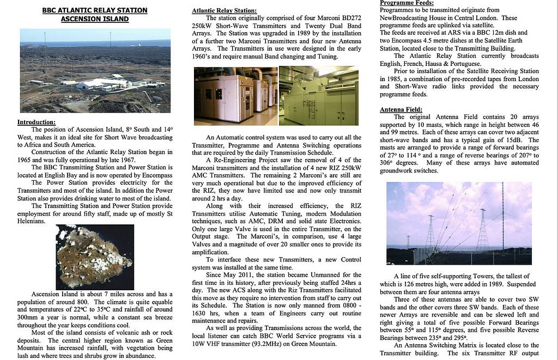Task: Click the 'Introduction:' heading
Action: [37, 123]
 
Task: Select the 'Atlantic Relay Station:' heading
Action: [225, 11]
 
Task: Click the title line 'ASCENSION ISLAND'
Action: [95, 19]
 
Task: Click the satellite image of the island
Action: [94, 257]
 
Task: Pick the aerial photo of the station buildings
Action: [95, 71]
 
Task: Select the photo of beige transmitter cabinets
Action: [235, 96]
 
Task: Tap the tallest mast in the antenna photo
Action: [502, 218]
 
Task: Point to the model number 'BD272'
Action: [349, 19]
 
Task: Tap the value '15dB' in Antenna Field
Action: [516, 141]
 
